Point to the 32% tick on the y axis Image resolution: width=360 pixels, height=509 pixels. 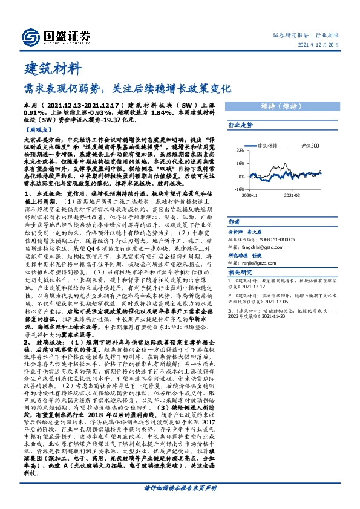tap(240, 150)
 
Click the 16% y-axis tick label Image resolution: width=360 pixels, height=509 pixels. tap(240, 163)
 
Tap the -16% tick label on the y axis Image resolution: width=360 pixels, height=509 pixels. tap(240, 189)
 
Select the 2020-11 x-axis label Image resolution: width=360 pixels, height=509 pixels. tap(250, 195)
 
